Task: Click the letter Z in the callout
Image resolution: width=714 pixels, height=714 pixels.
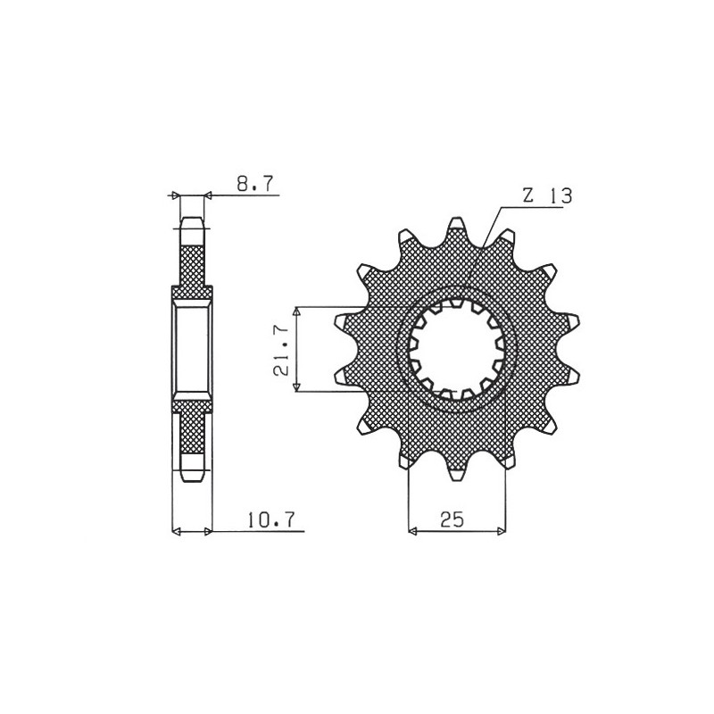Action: point(528,196)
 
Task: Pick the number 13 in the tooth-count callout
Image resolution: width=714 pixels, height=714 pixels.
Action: point(561,196)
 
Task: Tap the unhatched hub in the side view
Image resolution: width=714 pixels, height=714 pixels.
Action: point(192,349)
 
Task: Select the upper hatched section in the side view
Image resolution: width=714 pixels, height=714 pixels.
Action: point(192,264)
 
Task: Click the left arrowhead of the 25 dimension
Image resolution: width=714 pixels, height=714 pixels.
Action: point(413,532)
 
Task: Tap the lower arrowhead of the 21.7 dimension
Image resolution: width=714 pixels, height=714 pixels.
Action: point(299,386)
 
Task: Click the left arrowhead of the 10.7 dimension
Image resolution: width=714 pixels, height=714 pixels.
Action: point(177,532)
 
